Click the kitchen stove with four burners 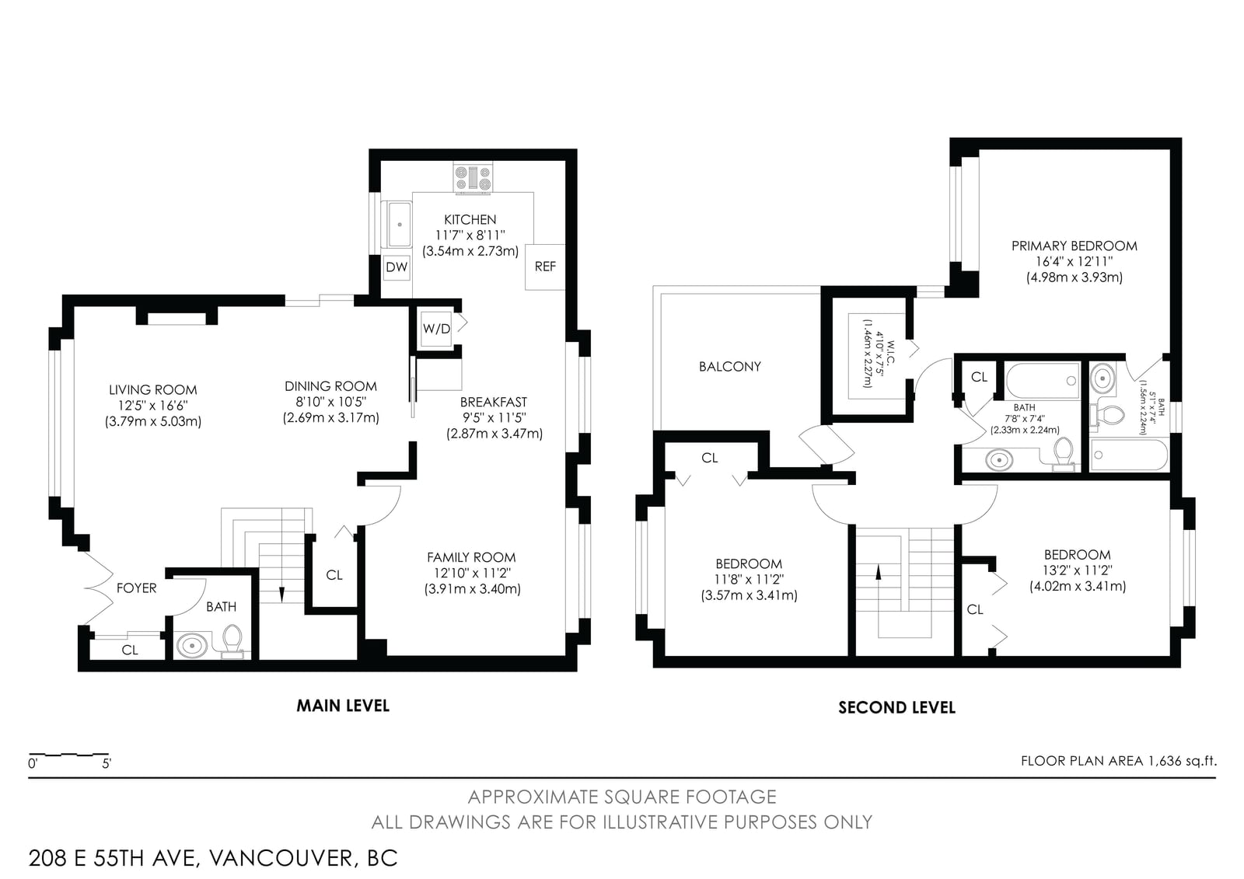pyautogui.click(x=473, y=178)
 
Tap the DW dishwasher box pyautogui.click(x=397, y=267)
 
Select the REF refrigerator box pyautogui.click(x=545, y=267)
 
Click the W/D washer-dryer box pyautogui.click(x=436, y=329)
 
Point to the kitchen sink pyautogui.click(x=399, y=224)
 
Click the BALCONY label pyautogui.click(x=730, y=367)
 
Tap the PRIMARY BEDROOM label pyautogui.click(x=1074, y=246)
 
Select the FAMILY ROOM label pyautogui.click(x=471, y=557)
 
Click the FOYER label pyautogui.click(x=137, y=588)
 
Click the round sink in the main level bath pyautogui.click(x=192, y=646)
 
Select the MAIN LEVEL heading pyautogui.click(x=343, y=706)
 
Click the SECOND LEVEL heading pyautogui.click(x=896, y=707)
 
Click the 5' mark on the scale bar pyautogui.click(x=107, y=764)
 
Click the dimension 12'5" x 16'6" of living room pyautogui.click(x=152, y=406)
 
